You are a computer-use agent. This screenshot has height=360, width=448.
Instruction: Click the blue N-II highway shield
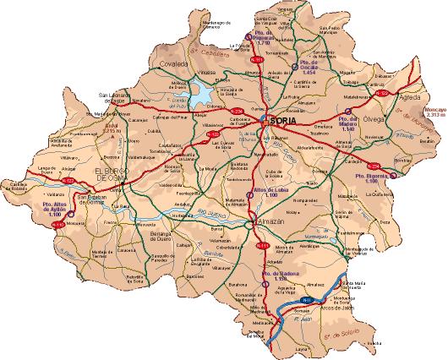pyautogui.click(x=307, y=301)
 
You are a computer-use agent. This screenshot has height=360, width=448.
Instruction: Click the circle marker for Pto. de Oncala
pyautogui.click(x=292, y=64)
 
